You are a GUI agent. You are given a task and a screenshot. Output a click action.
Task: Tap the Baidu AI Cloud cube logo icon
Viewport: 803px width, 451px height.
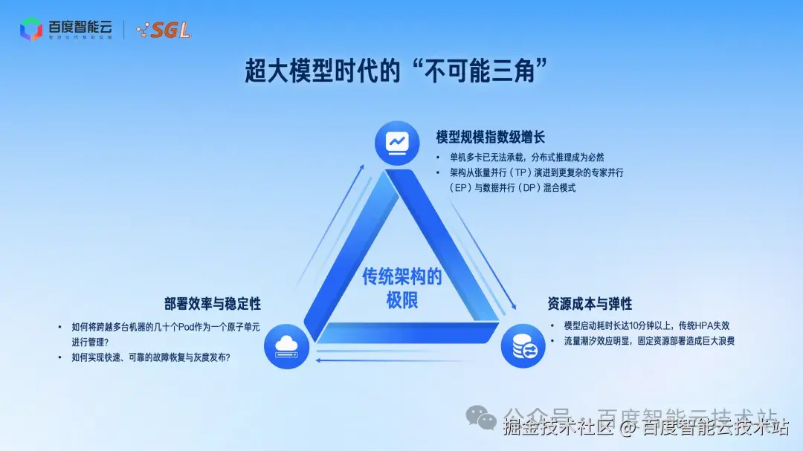[31, 30]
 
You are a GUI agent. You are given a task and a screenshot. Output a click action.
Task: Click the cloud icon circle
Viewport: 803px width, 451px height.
[286, 345]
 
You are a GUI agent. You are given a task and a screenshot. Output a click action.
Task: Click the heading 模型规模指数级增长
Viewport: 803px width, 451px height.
[491, 137]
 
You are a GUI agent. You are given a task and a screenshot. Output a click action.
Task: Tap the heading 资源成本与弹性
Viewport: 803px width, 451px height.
[590, 304]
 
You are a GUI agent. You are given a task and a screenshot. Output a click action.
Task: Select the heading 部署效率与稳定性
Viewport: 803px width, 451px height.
[213, 304]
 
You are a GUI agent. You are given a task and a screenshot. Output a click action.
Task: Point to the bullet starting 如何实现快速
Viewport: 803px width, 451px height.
[151, 358]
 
